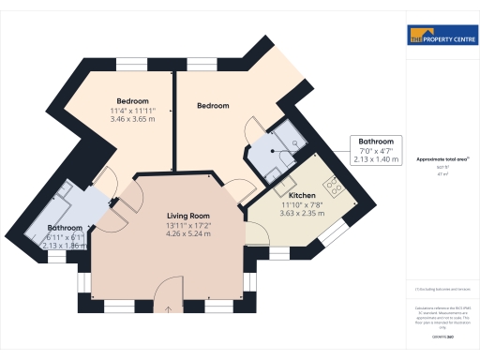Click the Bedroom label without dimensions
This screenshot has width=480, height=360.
coord(213,106)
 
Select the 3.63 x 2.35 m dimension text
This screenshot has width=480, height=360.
coord(302,214)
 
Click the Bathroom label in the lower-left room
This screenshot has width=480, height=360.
coord(66,228)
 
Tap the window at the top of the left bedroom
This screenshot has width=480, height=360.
coord(132,64)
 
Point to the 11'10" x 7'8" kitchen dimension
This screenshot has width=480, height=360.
coord(302,204)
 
